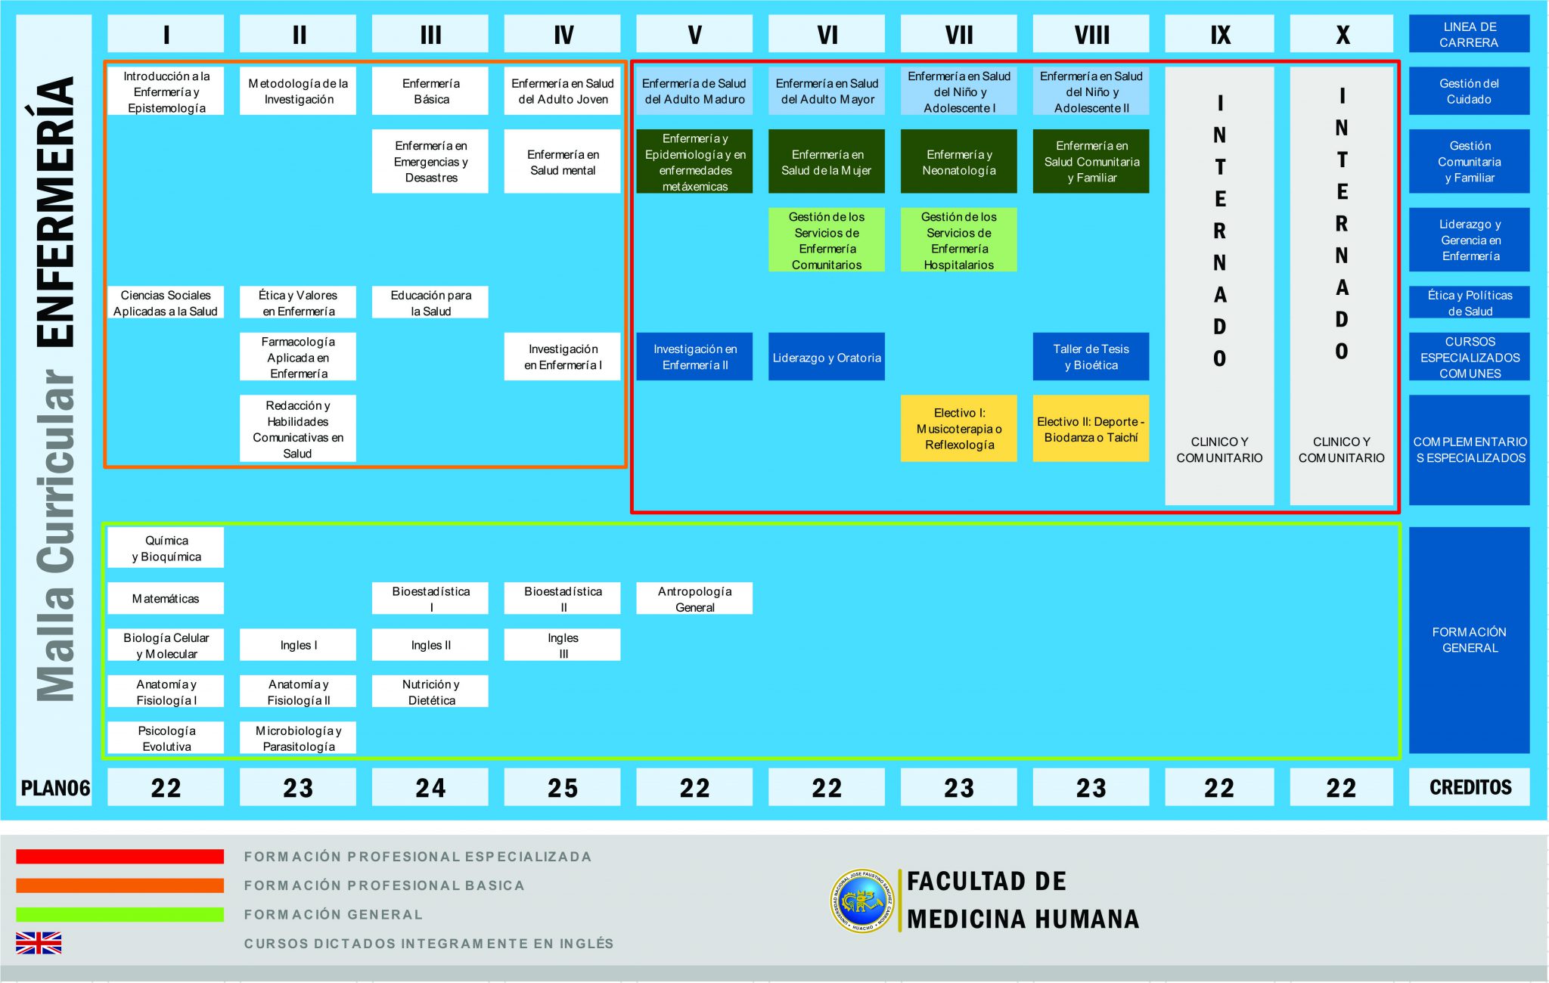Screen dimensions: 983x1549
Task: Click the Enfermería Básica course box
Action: click(430, 91)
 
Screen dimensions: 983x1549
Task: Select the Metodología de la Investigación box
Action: click(298, 91)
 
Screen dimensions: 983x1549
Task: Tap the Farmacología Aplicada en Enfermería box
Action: click(298, 358)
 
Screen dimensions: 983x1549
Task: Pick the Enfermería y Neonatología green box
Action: click(958, 162)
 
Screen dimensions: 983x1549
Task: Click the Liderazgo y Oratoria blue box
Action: click(827, 358)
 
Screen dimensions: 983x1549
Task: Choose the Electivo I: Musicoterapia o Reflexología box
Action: click(958, 429)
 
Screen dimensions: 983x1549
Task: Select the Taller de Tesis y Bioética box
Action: click(1091, 358)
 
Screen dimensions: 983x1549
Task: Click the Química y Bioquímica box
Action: click(166, 548)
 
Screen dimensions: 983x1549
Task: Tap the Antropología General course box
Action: click(694, 599)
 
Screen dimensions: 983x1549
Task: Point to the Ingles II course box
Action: click(430, 645)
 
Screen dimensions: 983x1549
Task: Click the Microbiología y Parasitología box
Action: click(298, 739)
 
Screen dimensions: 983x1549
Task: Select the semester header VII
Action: click(958, 35)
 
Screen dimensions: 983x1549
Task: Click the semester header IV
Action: click(563, 35)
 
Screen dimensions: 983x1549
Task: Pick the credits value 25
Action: click(563, 788)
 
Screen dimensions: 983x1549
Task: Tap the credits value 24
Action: click(430, 788)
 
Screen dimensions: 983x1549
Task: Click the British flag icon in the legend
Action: click(39, 943)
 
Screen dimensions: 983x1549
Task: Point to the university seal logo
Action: click(861, 901)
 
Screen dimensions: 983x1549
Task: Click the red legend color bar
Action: click(120, 857)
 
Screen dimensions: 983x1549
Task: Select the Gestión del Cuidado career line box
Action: click(1469, 91)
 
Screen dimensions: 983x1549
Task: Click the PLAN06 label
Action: click(54, 788)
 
